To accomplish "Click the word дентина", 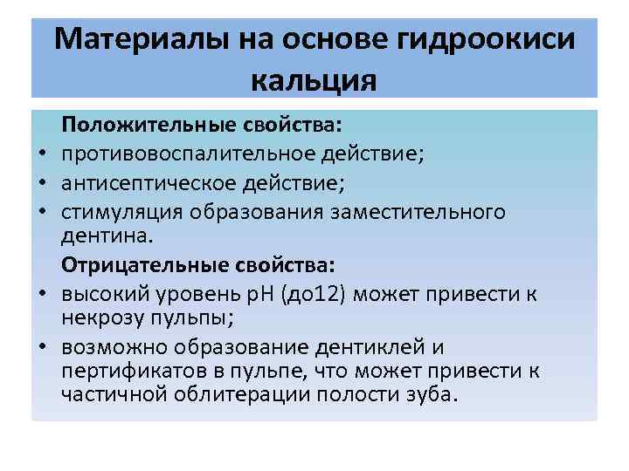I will [x=100, y=236].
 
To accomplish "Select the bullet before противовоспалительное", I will [x=41, y=156].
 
